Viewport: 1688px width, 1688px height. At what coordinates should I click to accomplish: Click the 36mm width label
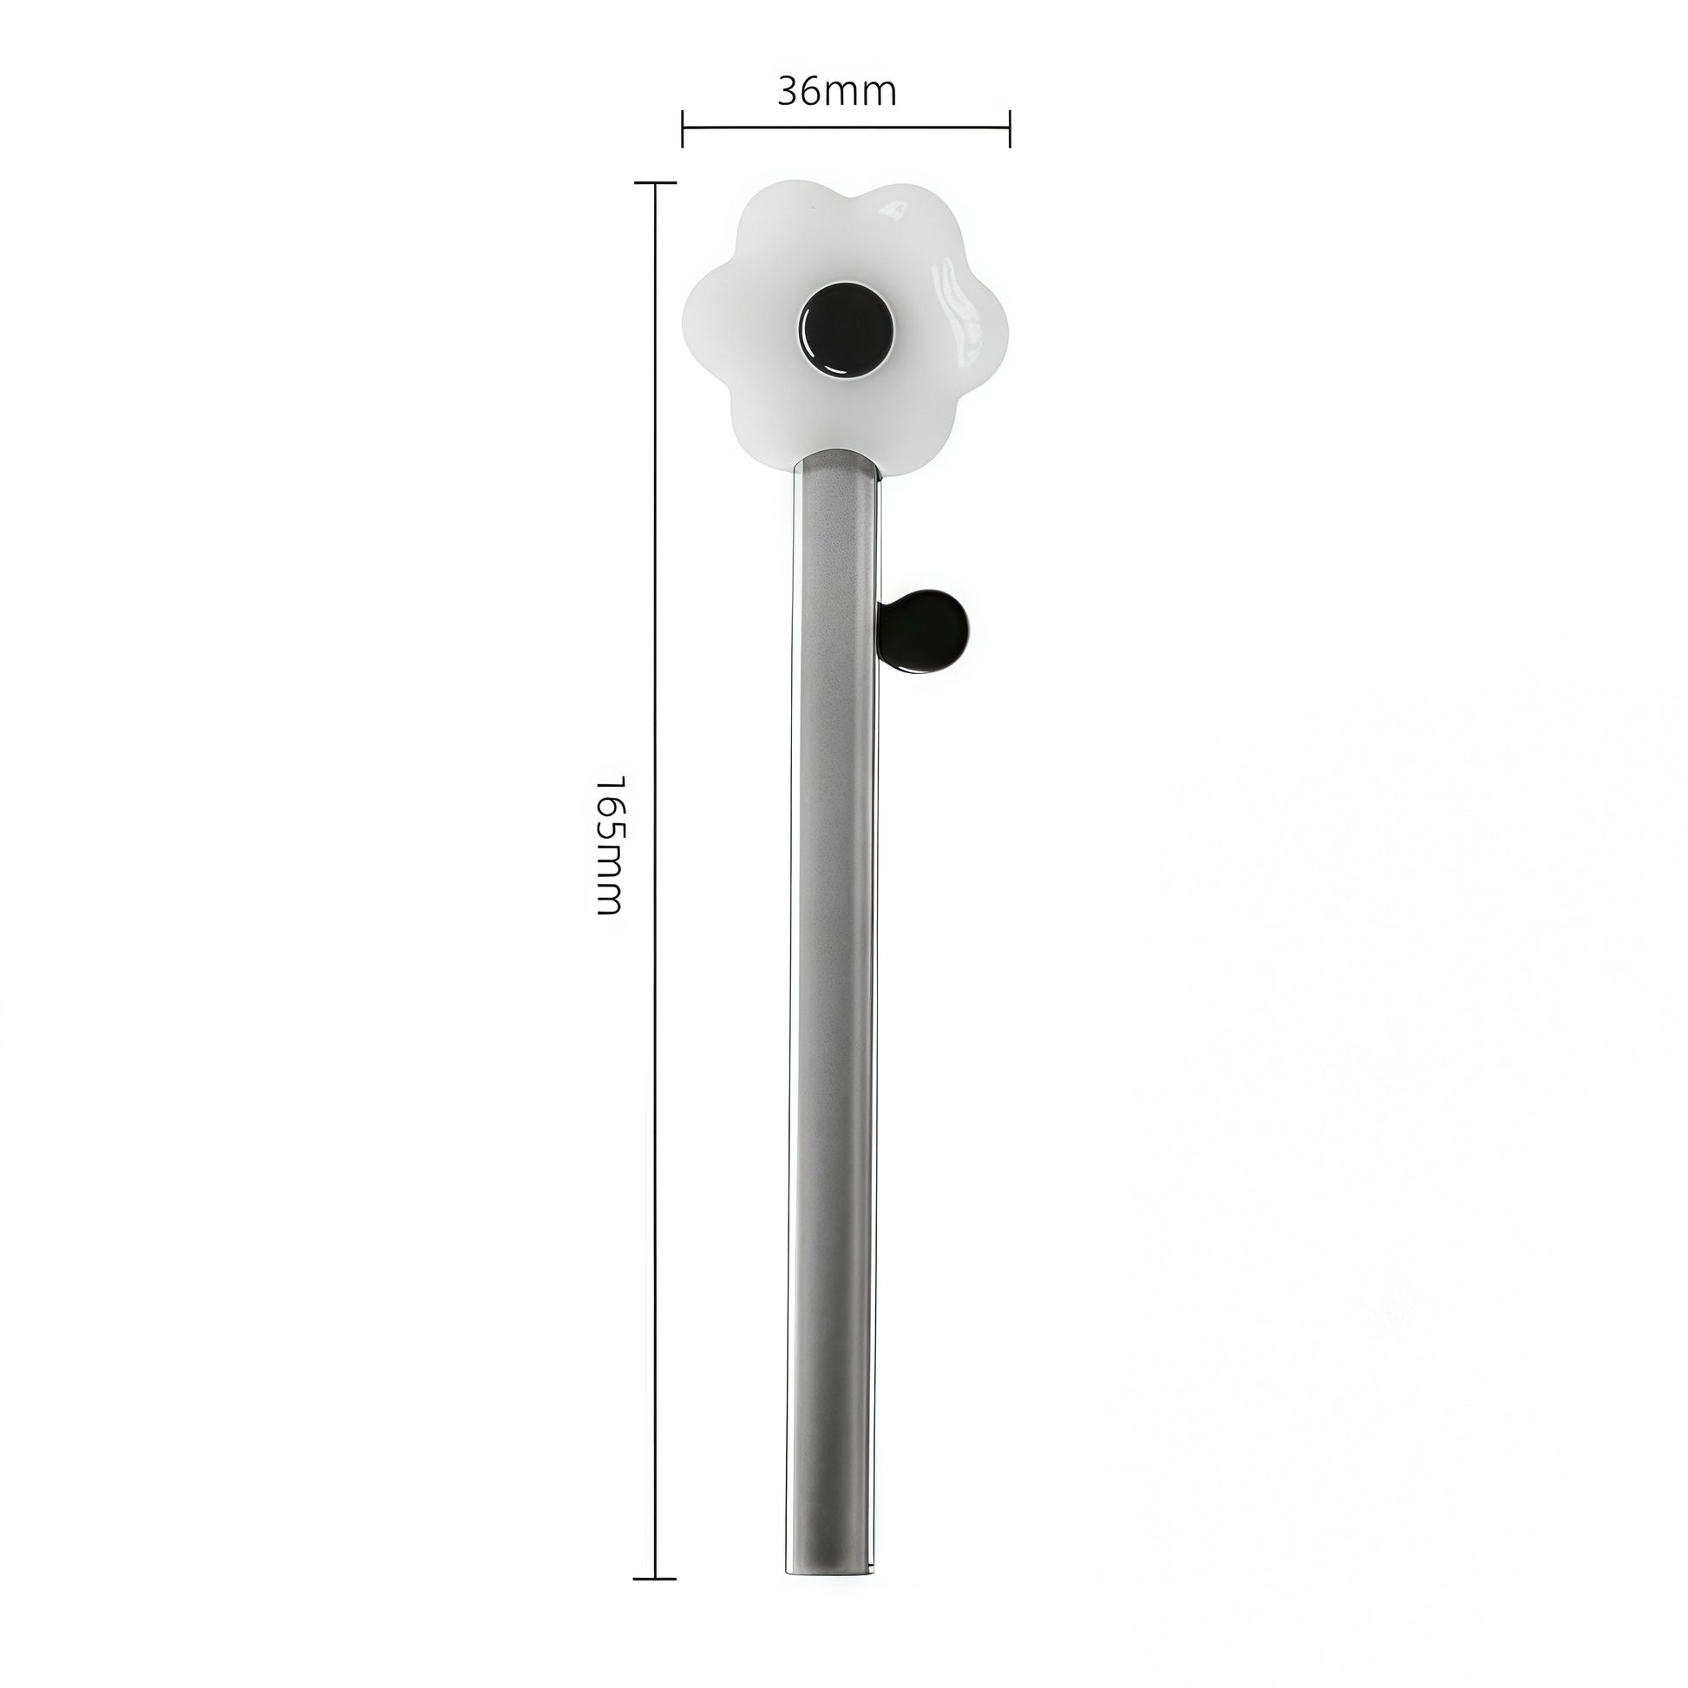point(837,91)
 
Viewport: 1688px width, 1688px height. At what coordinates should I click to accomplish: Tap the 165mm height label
point(608,844)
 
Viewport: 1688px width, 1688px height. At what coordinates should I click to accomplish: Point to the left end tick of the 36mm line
point(683,128)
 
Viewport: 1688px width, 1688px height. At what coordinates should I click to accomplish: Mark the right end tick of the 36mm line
point(1010,128)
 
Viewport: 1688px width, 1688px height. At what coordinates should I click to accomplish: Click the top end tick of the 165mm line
point(654,184)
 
